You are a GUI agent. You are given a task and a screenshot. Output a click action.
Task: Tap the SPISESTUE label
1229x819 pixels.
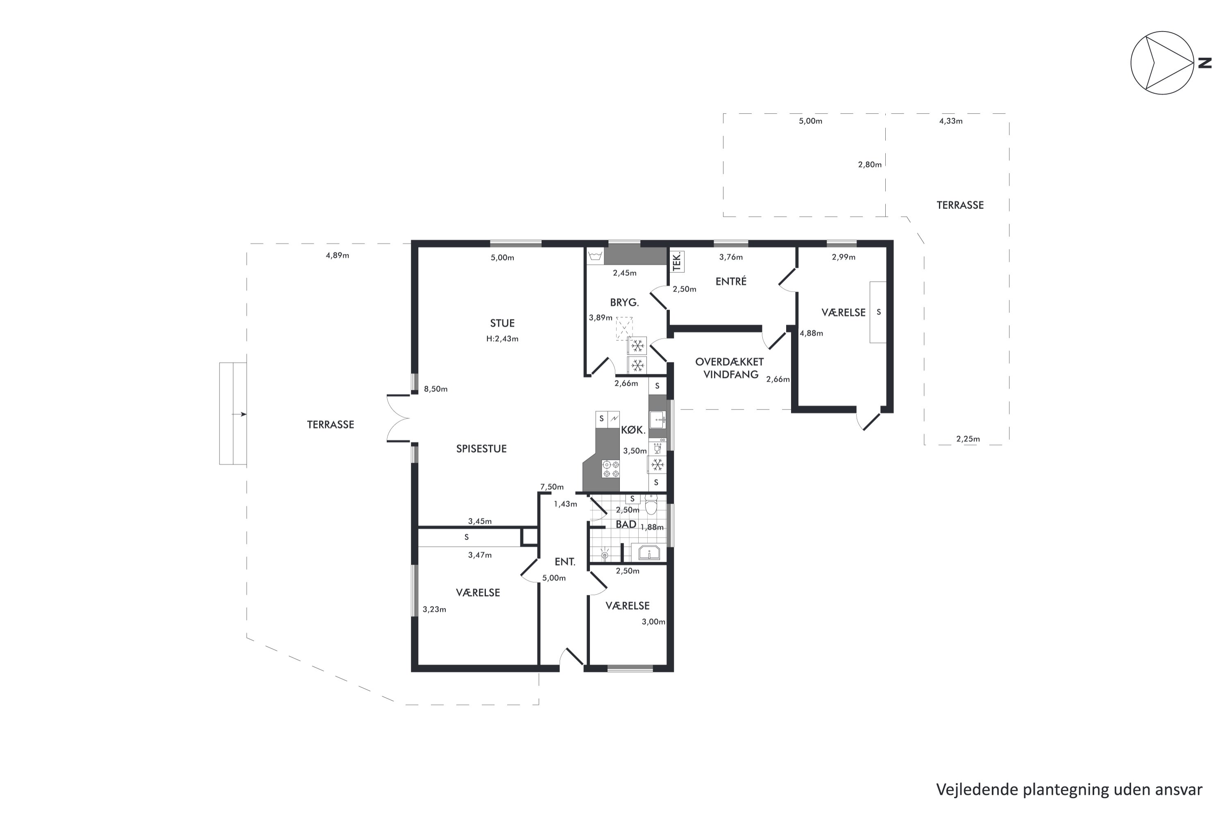point(481,449)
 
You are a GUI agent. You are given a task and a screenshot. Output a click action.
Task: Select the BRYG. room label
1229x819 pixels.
point(624,303)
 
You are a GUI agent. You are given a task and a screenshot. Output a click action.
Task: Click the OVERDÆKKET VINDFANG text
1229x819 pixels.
point(730,368)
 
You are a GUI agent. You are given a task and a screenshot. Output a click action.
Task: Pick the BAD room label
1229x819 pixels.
point(626,525)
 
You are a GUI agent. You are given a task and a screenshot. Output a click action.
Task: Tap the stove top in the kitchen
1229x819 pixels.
point(610,468)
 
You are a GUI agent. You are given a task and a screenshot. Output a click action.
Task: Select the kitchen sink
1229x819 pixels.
point(658,419)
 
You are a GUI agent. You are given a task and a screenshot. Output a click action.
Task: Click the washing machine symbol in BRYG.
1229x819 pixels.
point(595,256)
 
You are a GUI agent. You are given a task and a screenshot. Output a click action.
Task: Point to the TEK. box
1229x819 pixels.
point(677,262)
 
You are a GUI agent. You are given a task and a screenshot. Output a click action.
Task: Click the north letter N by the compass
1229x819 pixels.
point(1205,63)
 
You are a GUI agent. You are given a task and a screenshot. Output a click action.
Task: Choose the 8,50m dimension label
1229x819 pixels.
point(436,389)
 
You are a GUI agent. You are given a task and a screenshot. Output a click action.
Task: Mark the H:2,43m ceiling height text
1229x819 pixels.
point(502,339)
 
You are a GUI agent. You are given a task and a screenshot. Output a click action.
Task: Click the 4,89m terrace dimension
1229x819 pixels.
point(338,256)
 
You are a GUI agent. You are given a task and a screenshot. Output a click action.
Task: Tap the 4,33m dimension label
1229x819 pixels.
point(951,121)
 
